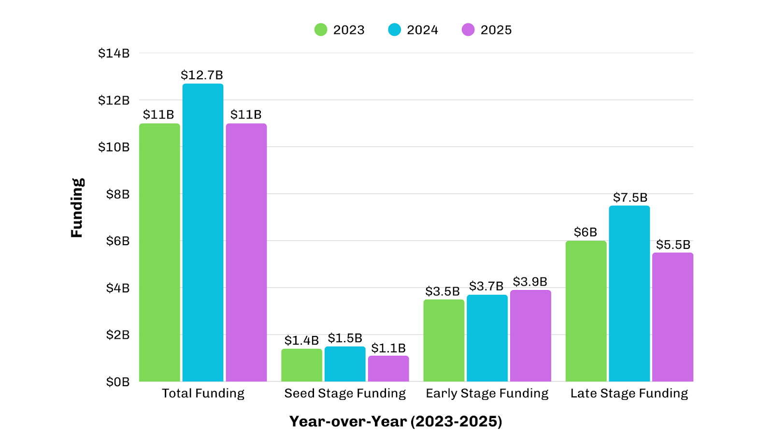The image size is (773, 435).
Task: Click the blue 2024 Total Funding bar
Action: tap(203, 232)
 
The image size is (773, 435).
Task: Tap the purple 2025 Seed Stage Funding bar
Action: tap(388, 368)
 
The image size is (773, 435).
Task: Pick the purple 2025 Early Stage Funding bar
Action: tap(530, 335)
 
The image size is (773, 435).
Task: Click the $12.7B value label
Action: tap(202, 75)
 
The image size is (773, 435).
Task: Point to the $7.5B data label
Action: tap(630, 197)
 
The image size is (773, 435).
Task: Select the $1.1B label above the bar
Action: tap(388, 348)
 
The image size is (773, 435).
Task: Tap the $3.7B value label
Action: tap(486, 286)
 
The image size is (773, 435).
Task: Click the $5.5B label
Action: tap(673, 245)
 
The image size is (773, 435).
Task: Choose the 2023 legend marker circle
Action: tap(321, 30)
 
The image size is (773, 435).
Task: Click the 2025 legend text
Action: tap(496, 30)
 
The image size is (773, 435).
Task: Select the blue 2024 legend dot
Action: tap(394, 30)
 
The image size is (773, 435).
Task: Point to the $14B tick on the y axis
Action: tap(114, 53)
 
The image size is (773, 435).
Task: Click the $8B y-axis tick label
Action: tap(118, 194)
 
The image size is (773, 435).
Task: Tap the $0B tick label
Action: tap(118, 382)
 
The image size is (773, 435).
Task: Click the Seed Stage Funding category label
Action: tap(345, 393)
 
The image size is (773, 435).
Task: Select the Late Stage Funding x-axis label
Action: tap(629, 393)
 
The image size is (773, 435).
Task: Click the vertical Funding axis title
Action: tap(77, 208)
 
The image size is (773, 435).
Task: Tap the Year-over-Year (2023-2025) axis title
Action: tap(396, 421)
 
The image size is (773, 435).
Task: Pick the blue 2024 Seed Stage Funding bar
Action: tap(345, 364)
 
